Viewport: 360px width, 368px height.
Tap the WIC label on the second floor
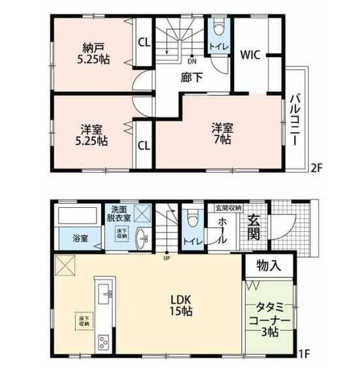[x=250, y=55]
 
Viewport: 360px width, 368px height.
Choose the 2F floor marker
[x=316, y=168]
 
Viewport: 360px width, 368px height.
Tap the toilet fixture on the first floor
[x=192, y=219]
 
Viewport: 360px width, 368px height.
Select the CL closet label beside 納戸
[x=143, y=44]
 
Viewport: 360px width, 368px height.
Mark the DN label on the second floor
[x=192, y=62]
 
